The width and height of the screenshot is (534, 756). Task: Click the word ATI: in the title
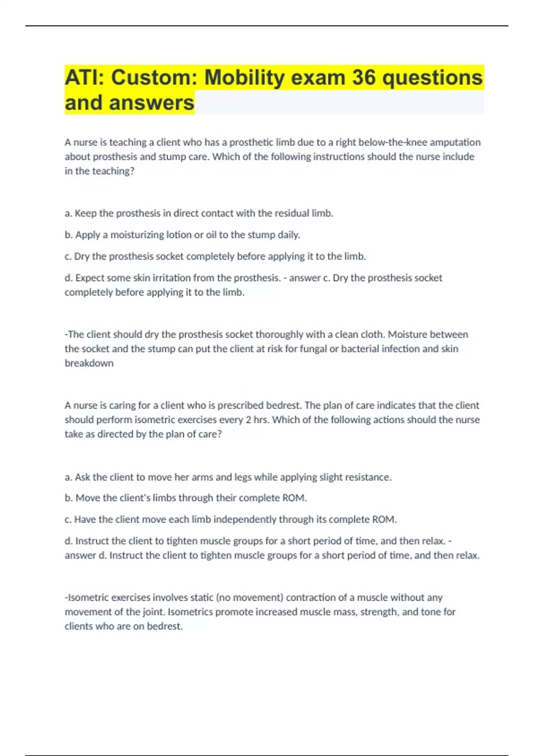coord(85,78)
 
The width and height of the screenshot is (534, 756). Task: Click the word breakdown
coord(89,363)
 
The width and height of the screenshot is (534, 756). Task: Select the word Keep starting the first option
coord(85,213)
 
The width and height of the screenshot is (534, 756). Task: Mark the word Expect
coord(90,278)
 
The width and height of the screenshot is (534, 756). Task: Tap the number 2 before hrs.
coord(248,420)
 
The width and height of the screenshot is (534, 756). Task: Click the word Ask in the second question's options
coord(82,477)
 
